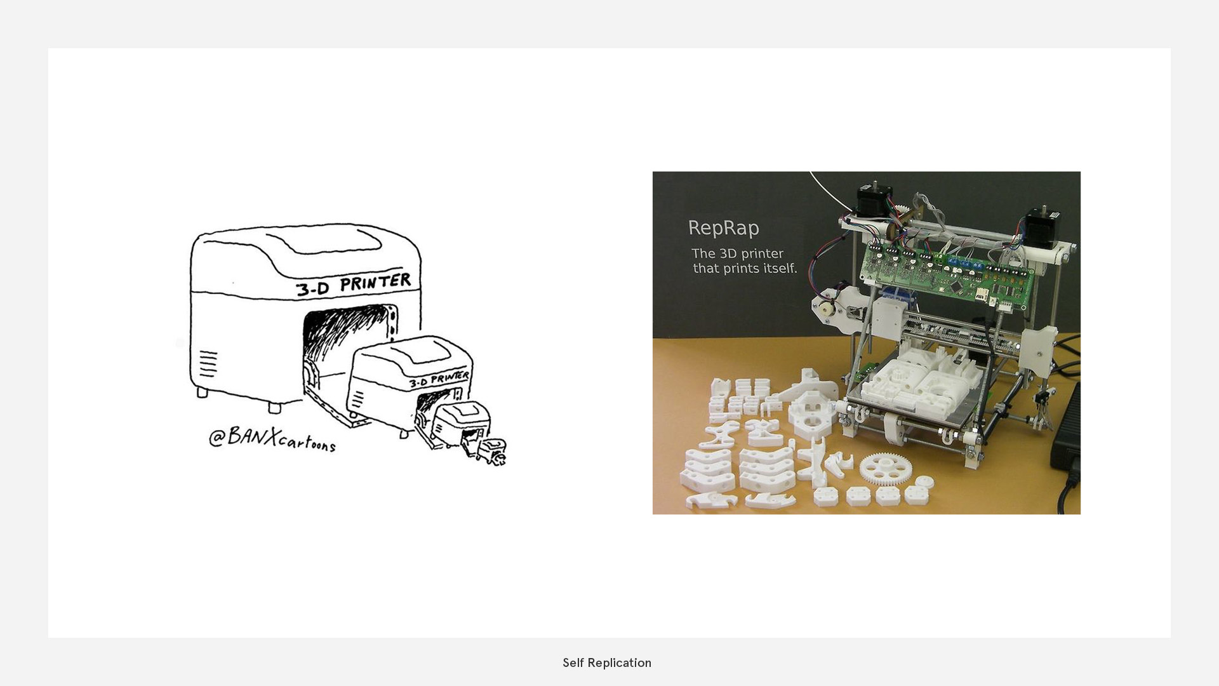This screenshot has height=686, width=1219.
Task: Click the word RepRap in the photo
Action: (x=723, y=228)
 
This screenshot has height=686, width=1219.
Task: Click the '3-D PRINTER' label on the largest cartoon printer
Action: (x=354, y=285)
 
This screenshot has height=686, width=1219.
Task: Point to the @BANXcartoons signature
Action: (x=272, y=438)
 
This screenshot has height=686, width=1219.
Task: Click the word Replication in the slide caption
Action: (x=619, y=663)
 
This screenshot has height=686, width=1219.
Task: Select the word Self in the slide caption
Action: (x=573, y=663)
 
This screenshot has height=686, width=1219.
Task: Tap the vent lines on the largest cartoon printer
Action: (x=208, y=363)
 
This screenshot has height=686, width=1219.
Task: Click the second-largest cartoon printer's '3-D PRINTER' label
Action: (x=439, y=380)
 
